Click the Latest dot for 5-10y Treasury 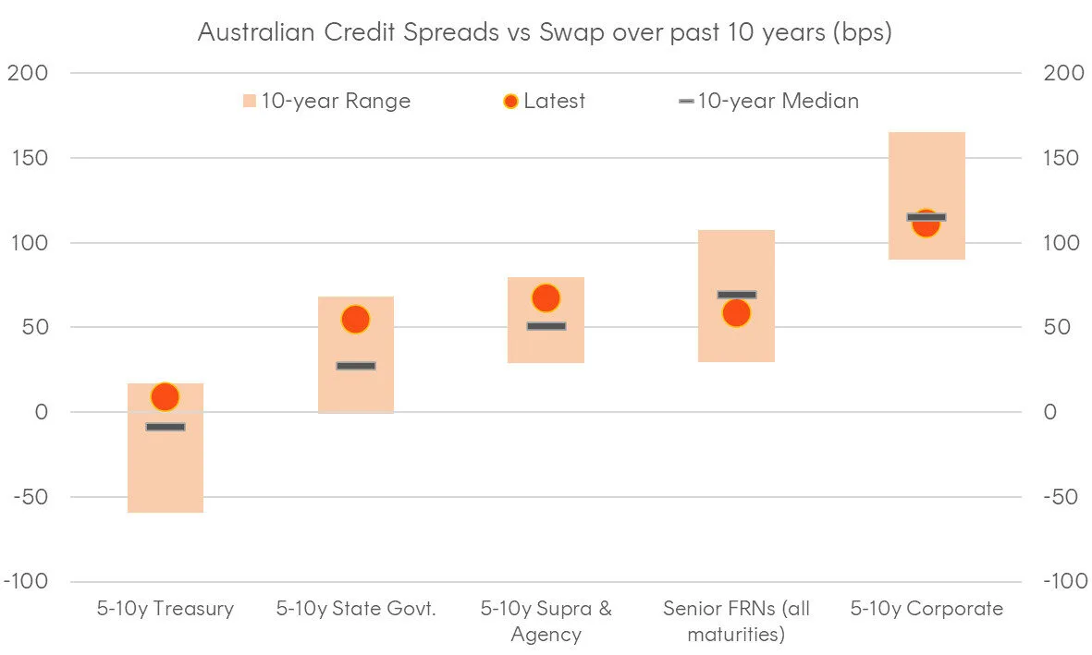click(165, 396)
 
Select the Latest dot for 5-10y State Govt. click(355, 319)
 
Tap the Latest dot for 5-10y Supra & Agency click(546, 297)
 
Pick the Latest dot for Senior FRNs click(736, 314)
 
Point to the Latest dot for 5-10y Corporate click(926, 224)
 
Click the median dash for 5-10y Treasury click(166, 427)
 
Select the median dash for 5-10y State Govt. click(356, 366)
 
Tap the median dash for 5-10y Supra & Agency click(546, 326)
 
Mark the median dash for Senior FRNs click(736, 295)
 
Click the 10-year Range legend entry click(326, 101)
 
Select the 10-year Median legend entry click(768, 101)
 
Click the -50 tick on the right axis click(1061, 497)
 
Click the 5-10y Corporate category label click(926, 609)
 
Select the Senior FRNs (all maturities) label click(736, 622)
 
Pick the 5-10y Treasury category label click(166, 609)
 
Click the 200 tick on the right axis click(1062, 74)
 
